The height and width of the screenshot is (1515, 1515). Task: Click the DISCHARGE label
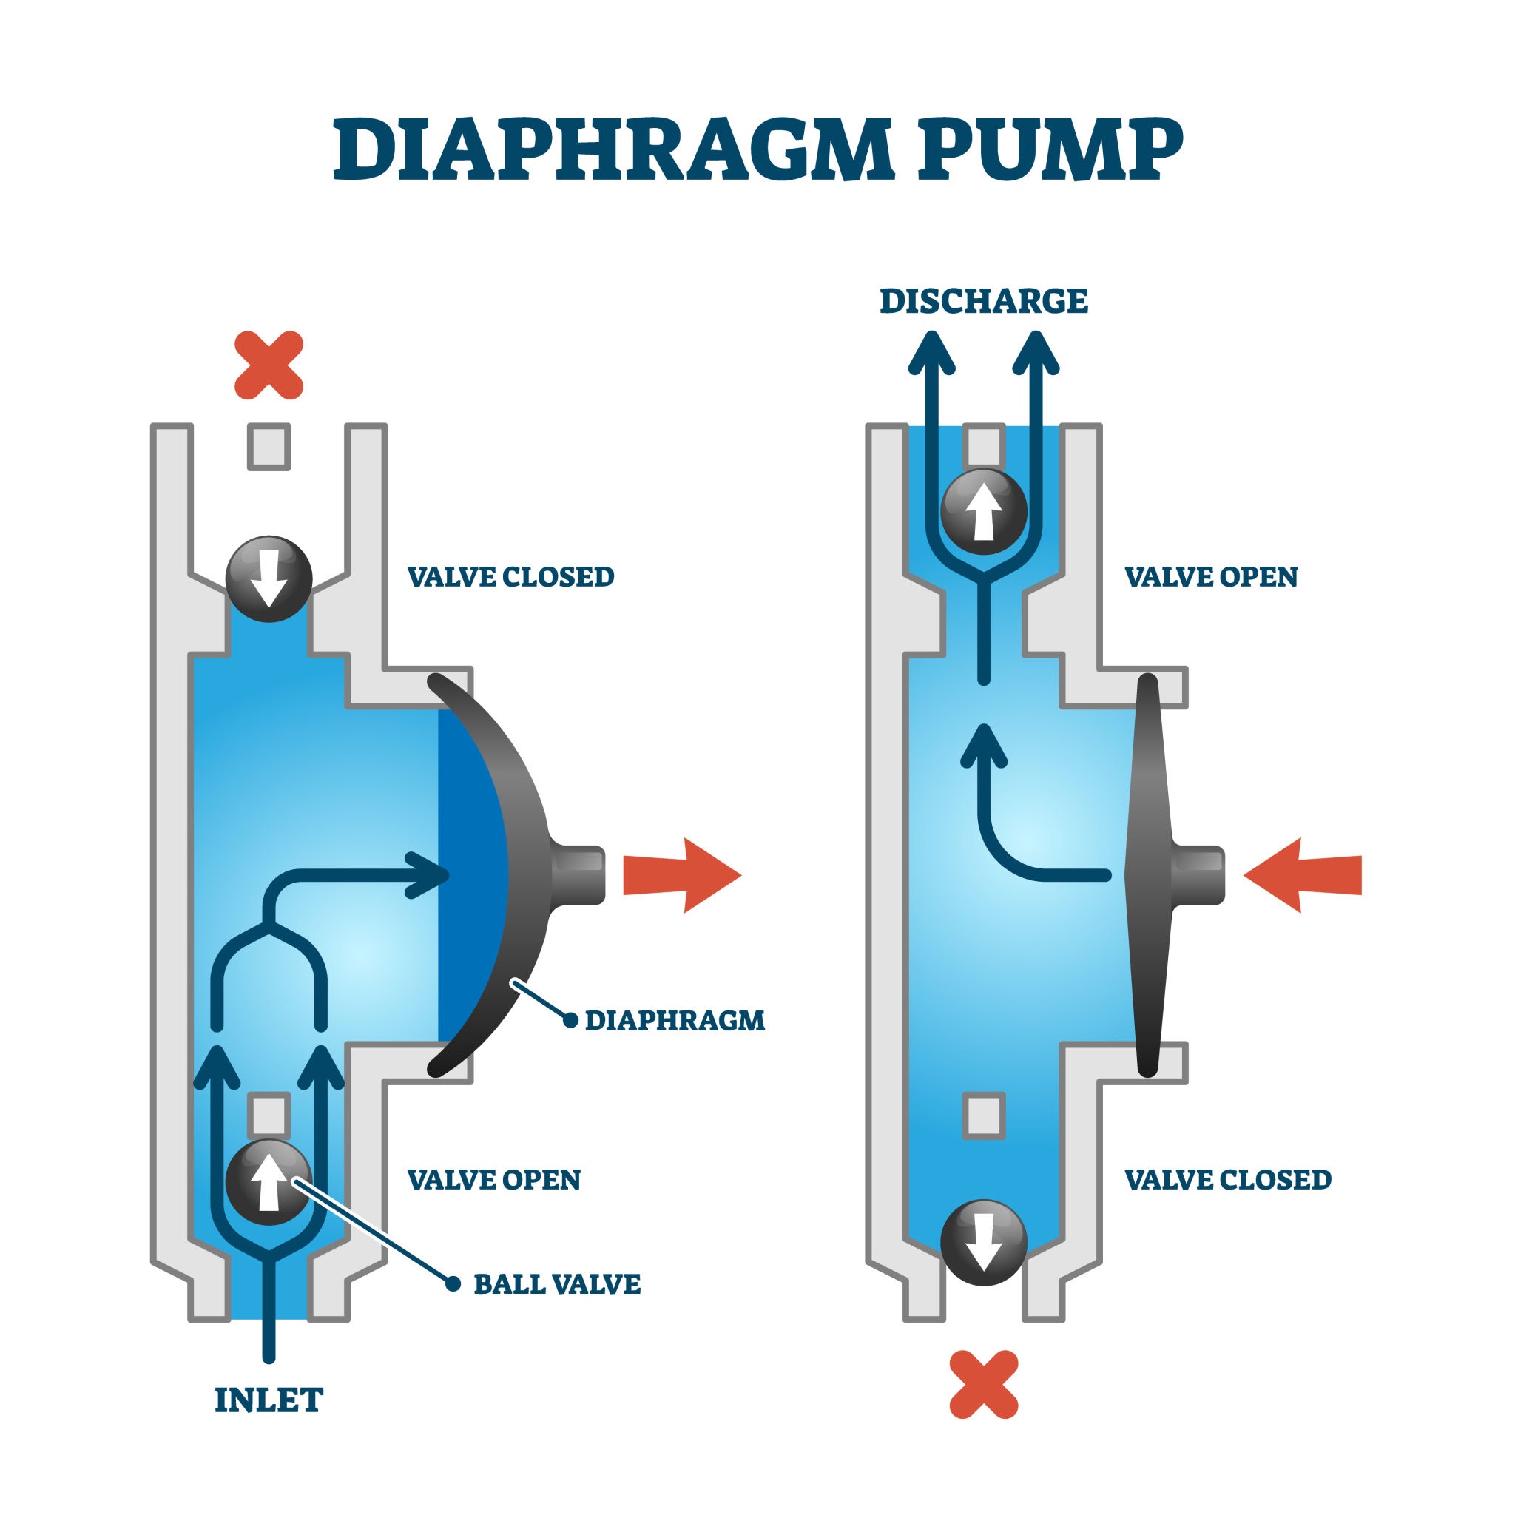[x=983, y=301]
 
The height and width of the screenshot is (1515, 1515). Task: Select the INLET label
[x=269, y=1400]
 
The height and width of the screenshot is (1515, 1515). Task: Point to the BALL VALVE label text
[x=557, y=1284]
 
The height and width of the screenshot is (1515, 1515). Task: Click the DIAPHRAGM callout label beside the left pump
[x=675, y=1020]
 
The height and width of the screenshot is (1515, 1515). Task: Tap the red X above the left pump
[x=269, y=365]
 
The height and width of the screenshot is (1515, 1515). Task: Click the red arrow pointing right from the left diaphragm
[x=681, y=875]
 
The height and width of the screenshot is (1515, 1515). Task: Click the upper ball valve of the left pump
[x=269, y=578]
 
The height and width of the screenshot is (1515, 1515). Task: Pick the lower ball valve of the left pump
[x=269, y=1181]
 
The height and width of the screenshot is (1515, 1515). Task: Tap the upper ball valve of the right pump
[x=983, y=511]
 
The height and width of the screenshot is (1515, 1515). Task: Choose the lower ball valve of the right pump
[x=983, y=1242]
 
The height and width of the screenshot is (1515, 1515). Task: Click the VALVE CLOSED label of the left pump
[x=510, y=577]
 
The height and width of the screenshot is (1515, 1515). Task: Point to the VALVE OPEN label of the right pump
[x=1211, y=577]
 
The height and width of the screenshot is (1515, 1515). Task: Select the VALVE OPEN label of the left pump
[x=494, y=1179]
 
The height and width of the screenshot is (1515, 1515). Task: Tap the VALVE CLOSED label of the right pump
[x=1228, y=1179]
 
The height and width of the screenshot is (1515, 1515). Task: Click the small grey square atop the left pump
[x=269, y=447]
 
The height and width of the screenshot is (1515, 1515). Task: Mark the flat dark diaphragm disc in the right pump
[x=1148, y=875]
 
